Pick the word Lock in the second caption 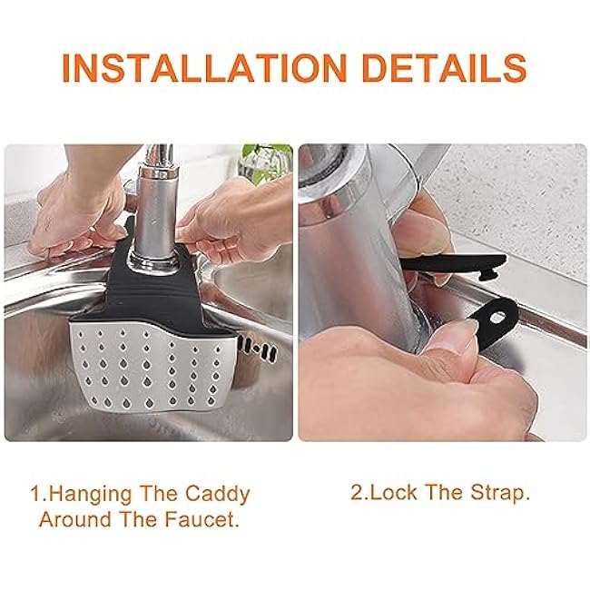391,494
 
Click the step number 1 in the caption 35,495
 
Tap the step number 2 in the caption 357,494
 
